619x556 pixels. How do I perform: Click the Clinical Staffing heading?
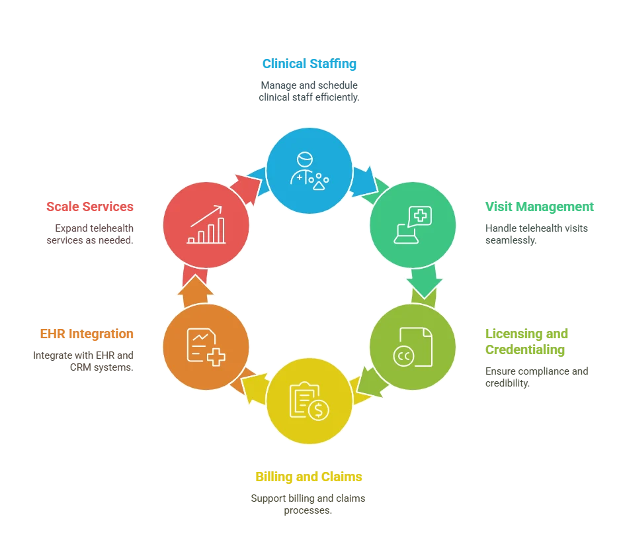309,64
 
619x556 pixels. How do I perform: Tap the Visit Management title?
539,207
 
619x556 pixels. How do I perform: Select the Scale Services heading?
90,207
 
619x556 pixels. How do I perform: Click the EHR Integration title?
87,334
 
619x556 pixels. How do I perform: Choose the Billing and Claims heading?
309,477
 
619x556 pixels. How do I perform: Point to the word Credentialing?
525,350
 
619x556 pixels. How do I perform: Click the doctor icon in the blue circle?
309,171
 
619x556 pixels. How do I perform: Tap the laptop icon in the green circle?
406,234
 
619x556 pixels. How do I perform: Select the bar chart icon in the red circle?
206,224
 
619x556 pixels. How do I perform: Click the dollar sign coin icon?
319,410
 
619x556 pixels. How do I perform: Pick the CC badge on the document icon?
403,357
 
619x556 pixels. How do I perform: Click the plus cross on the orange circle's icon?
216,357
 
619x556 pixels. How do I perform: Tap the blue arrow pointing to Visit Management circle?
364,182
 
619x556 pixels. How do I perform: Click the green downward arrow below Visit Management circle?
425,281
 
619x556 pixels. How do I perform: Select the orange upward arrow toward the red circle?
195,291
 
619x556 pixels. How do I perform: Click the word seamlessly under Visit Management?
511,240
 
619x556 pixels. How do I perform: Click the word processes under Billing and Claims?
308,510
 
